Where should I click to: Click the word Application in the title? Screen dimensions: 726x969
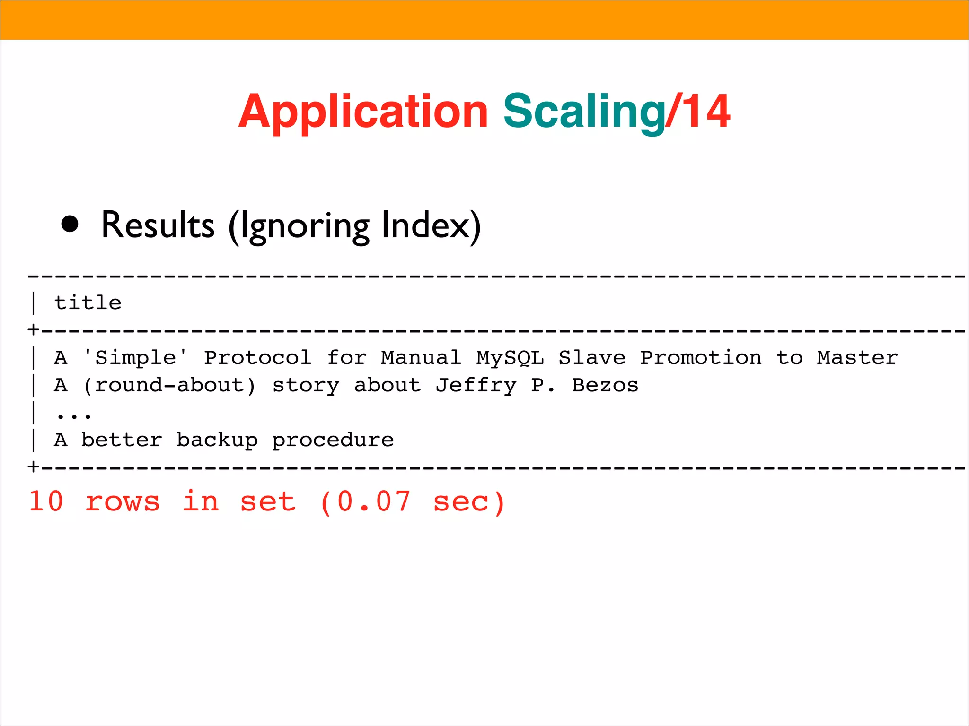pos(363,112)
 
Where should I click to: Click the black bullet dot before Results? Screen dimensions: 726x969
pos(70,225)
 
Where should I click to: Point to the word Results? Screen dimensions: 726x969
pos(158,225)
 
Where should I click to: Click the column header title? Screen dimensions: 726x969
pos(88,302)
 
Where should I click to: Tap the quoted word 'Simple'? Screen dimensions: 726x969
pos(135,357)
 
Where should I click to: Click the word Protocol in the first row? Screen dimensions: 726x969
pos(258,357)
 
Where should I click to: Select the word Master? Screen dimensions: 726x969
pos(857,357)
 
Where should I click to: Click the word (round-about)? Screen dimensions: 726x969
pos(169,385)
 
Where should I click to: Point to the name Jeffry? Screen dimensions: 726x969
pos(476,386)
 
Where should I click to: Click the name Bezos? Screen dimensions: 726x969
pos(605,385)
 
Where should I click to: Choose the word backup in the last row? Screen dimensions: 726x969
pos(217,440)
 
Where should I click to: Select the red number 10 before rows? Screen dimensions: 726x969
pos(46,501)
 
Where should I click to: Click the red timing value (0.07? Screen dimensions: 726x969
pos(365,502)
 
